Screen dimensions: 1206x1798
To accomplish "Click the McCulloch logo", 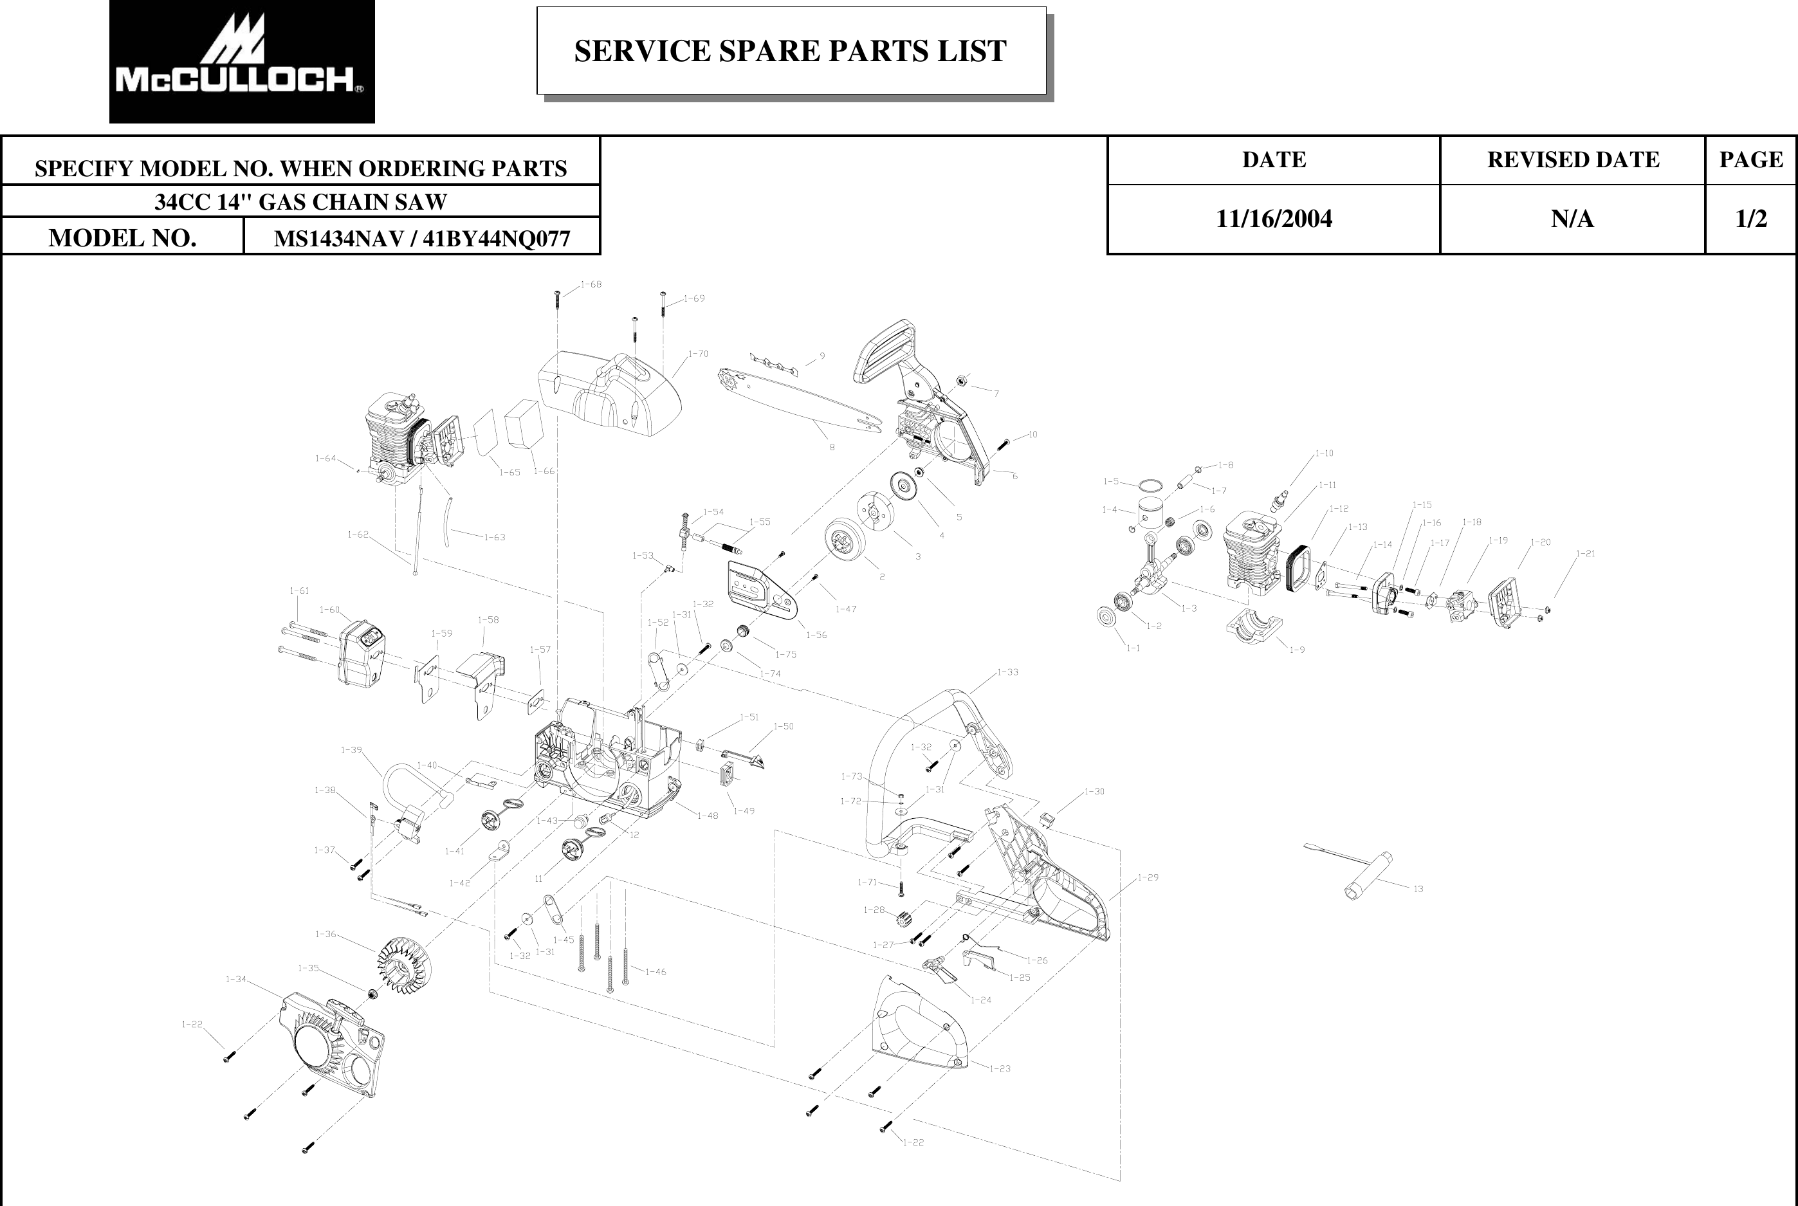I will click(x=241, y=62).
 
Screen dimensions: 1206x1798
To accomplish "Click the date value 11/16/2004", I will click(x=1274, y=219).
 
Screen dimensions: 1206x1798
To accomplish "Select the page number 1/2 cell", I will click(x=1750, y=219).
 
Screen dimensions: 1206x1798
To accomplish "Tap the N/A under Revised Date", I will click(x=1572, y=219).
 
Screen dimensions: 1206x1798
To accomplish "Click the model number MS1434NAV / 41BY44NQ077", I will click(x=421, y=239).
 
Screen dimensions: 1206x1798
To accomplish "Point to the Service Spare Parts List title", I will click(x=790, y=51).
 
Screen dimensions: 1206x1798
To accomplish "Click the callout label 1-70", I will click(x=697, y=354).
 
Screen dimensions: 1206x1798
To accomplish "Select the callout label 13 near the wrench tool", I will click(x=1418, y=889).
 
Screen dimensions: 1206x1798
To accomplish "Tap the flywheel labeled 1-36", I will click(x=405, y=964).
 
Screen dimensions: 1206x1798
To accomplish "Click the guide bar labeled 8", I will click(x=800, y=400).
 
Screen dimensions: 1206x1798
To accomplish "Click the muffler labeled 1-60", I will click(x=362, y=653).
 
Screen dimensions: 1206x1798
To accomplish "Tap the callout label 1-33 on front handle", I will click(x=1007, y=672).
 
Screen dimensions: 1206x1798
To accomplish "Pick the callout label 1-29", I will click(x=1148, y=877).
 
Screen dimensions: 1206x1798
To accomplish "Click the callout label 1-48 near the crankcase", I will click(x=707, y=816).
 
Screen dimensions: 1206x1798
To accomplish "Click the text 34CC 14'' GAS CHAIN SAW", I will click(x=300, y=201).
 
